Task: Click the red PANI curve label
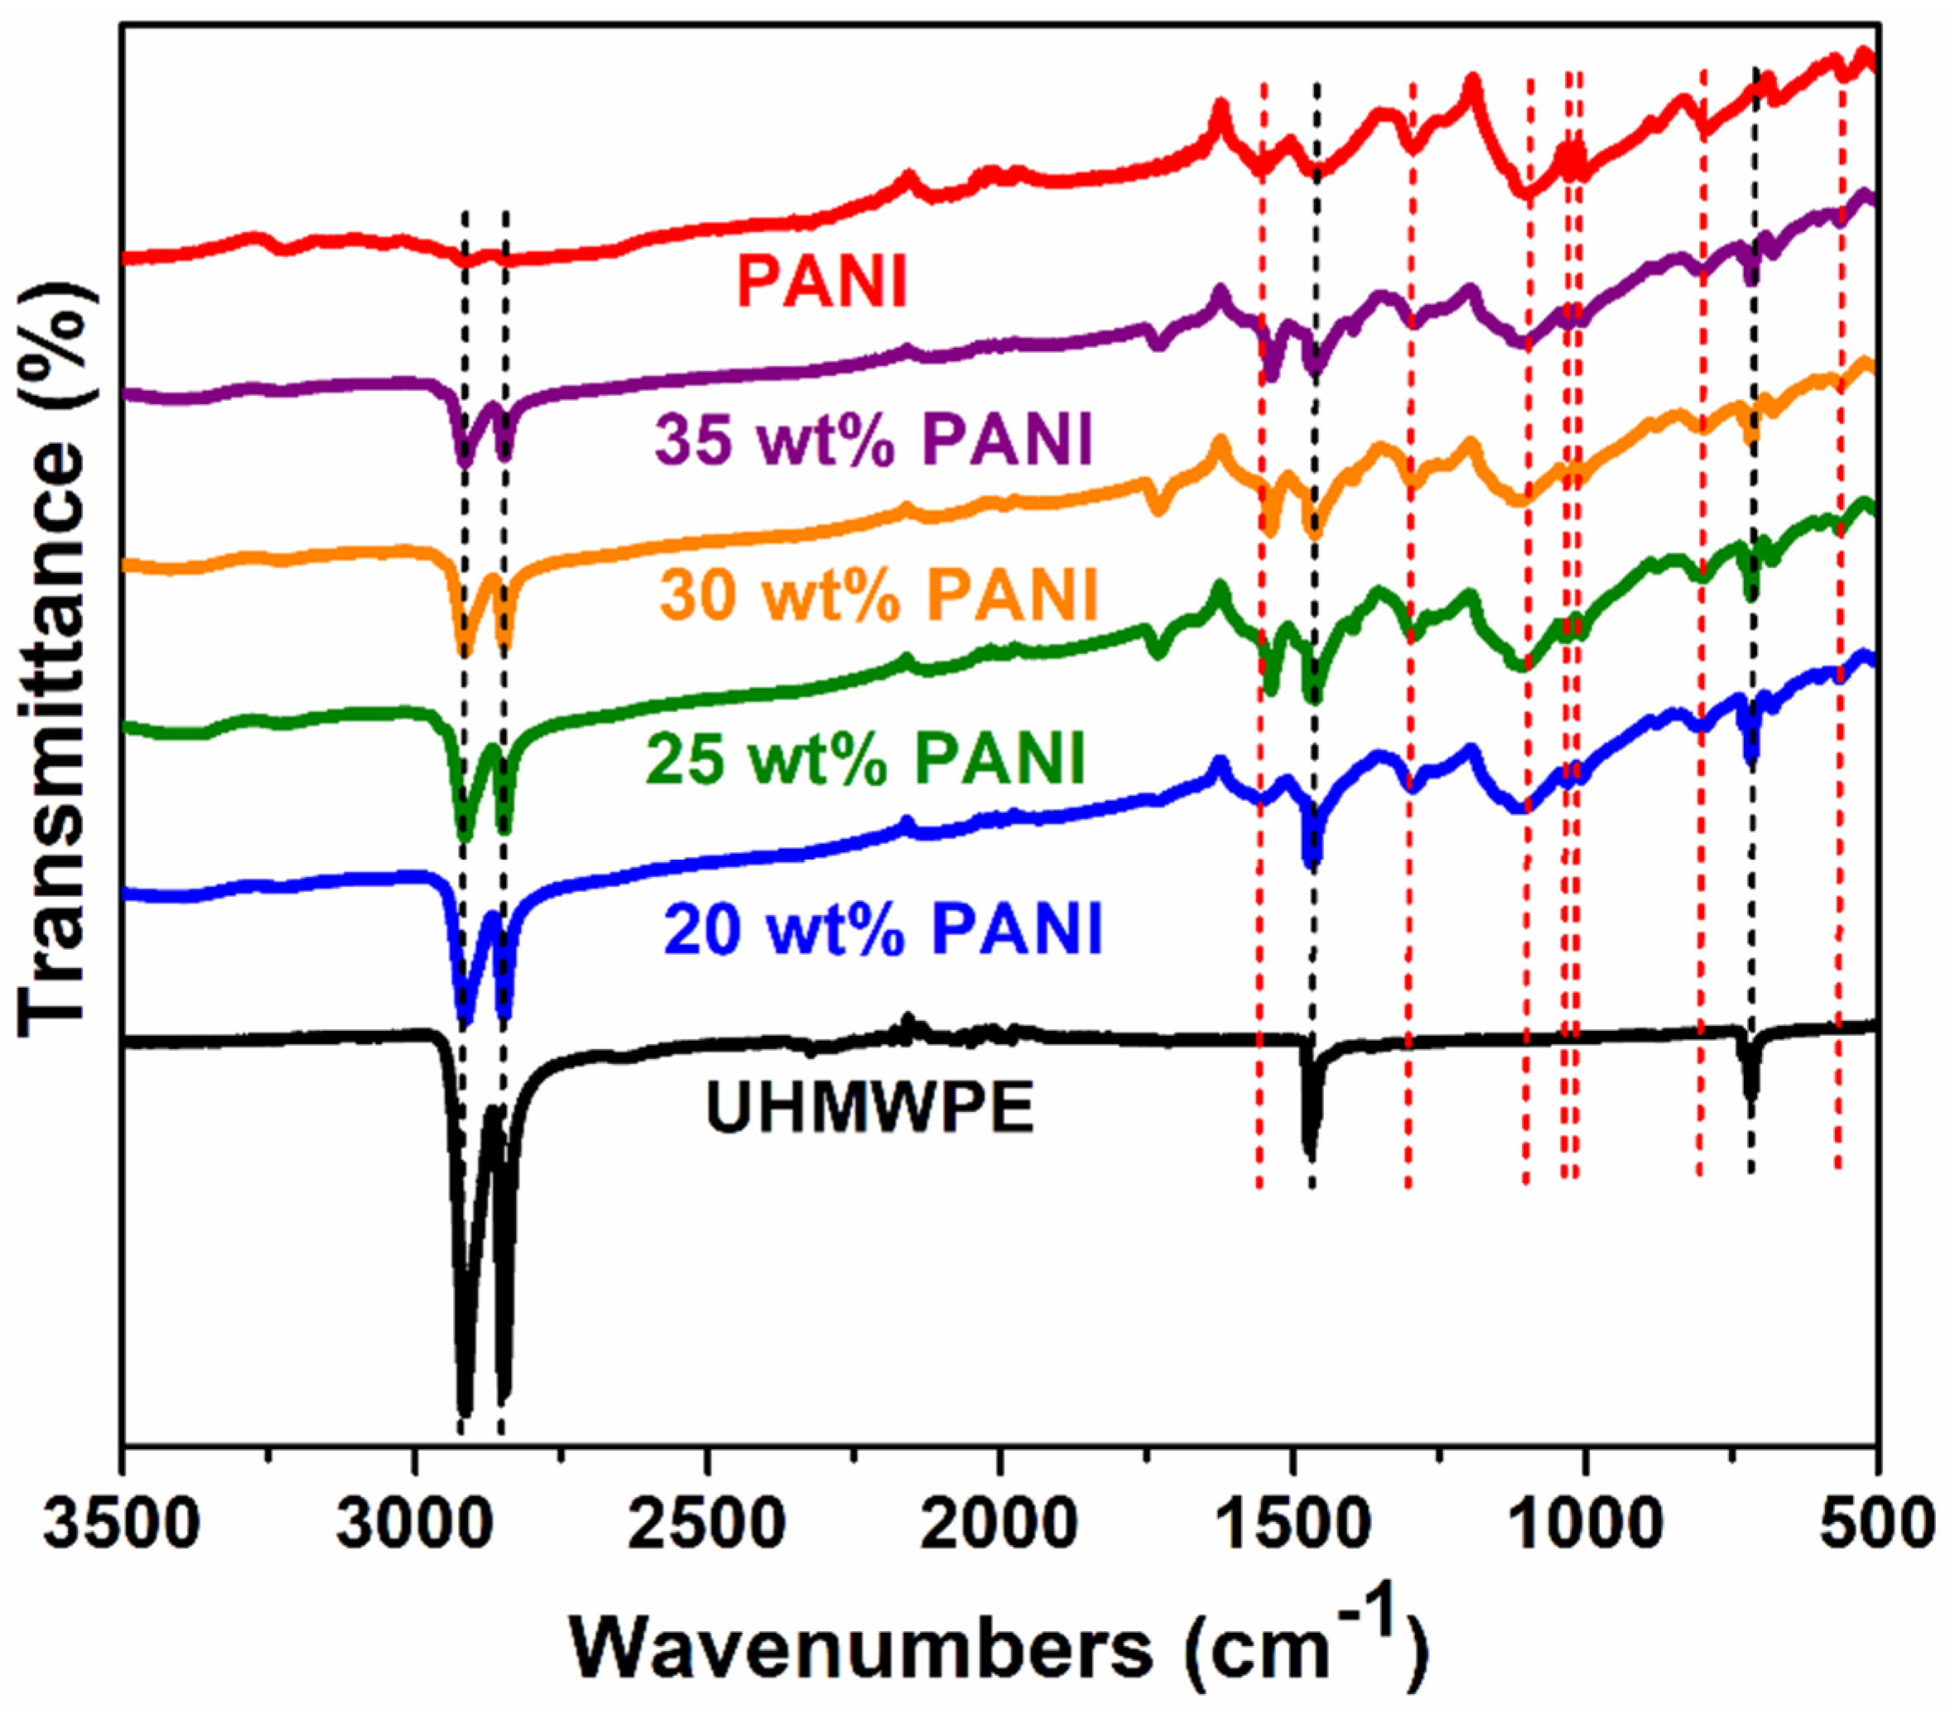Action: coord(821,282)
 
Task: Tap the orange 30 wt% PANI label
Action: coord(879,596)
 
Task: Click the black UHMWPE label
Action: coord(870,1109)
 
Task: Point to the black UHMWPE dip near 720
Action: coord(1751,1096)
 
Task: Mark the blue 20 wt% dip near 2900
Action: coord(465,1019)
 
